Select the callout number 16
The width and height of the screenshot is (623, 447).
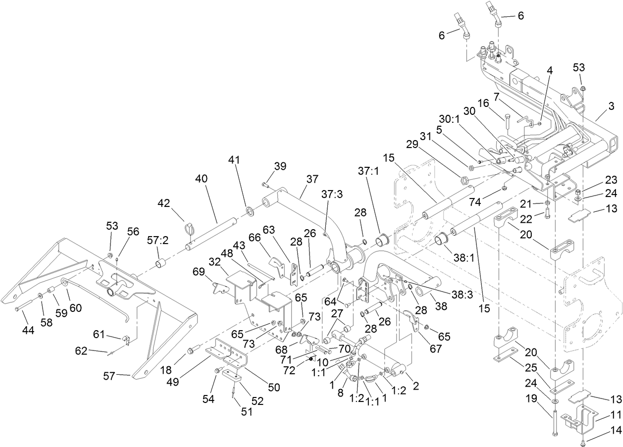(x=483, y=103)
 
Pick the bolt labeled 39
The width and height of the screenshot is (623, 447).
(x=265, y=185)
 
